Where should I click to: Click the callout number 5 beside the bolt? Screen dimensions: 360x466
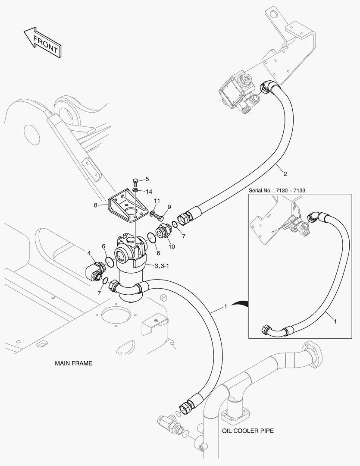(147, 179)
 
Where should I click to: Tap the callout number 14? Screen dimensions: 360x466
(149, 192)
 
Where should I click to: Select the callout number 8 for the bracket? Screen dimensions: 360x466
(96, 205)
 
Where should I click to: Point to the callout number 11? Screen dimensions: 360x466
(157, 201)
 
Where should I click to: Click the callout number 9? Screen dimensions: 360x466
(169, 207)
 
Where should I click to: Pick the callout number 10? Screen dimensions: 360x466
(172, 247)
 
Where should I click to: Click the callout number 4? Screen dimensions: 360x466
(89, 253)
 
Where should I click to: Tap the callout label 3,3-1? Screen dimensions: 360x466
(162, 266)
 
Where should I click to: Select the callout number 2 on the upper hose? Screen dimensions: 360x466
(285, 174)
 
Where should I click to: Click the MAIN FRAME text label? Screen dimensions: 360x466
(74, 363)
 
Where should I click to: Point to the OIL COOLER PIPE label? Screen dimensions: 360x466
(248, 431)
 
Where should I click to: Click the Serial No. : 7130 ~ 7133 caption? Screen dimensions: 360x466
(277, 191)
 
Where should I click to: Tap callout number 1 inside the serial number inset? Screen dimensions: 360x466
(335, 321)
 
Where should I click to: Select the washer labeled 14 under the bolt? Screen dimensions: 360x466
(135, 190)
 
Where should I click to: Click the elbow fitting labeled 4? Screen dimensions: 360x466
(95, 271)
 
